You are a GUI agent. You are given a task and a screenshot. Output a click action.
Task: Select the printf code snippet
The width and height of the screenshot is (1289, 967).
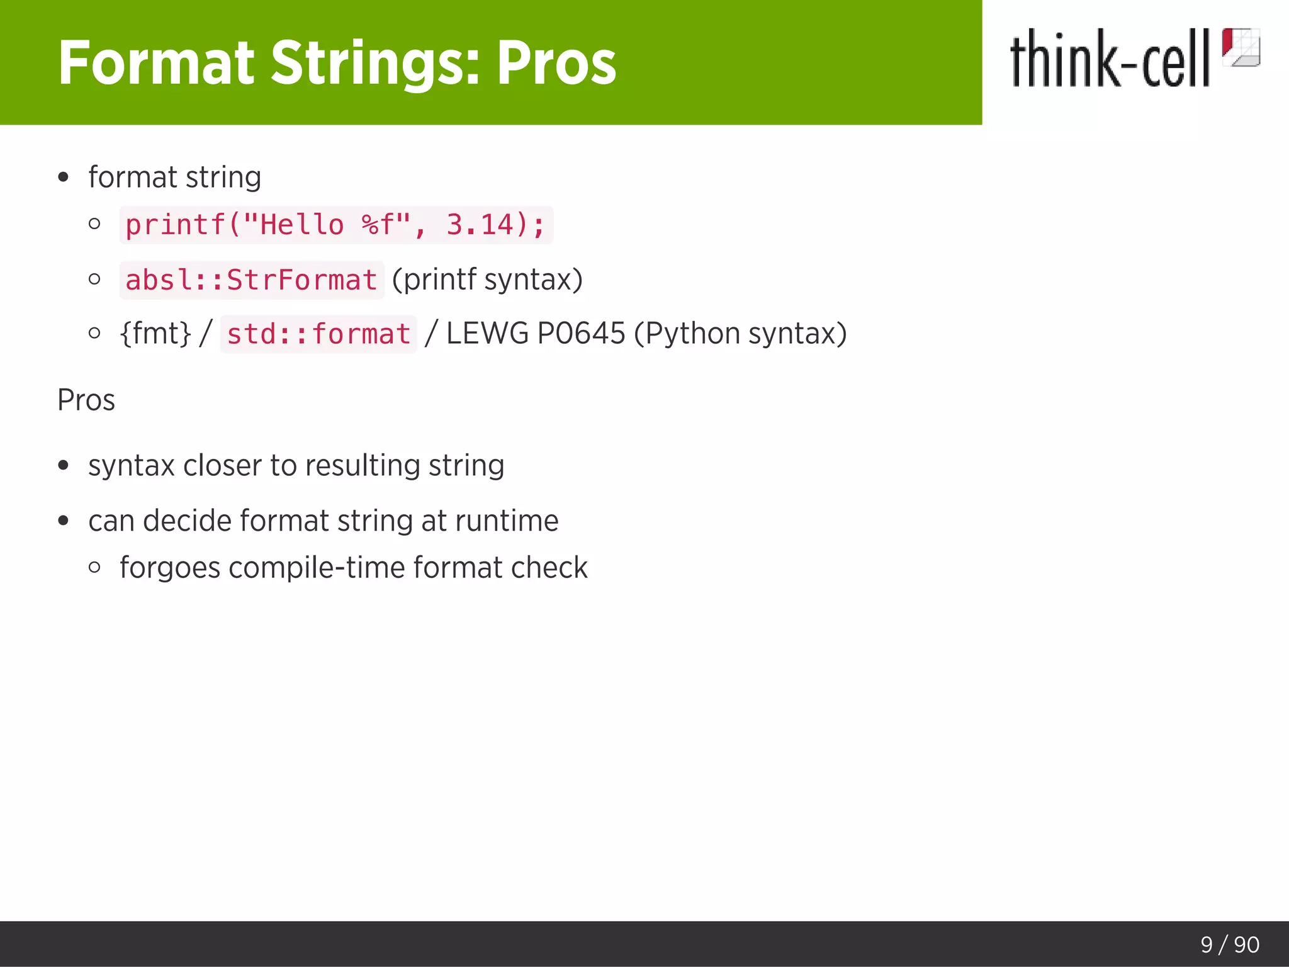tap(335, 225)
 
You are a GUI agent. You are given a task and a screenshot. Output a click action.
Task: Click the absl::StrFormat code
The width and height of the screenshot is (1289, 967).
tap(251, 280)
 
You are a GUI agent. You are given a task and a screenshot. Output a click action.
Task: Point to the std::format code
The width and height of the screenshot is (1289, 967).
tap(318, 334)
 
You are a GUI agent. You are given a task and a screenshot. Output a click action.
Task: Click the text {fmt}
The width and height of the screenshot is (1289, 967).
tap(155, 333)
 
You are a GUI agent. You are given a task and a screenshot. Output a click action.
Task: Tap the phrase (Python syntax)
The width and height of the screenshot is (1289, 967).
tap(740, 333)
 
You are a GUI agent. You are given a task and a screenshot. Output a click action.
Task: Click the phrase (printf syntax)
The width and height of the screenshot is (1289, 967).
tap(487, 279)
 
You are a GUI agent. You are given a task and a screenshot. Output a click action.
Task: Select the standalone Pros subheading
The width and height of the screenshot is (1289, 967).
tap(86, 400)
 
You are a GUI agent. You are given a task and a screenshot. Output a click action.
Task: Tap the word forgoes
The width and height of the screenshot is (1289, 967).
tap(170, 568)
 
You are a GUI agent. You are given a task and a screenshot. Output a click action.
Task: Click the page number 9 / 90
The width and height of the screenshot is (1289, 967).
tap(1229, 944)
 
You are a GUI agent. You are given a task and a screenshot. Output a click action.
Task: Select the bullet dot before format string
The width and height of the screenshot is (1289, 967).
tap(63, 178)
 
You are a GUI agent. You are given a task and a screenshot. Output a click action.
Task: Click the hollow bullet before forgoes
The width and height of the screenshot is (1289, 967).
tap(94, 567)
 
